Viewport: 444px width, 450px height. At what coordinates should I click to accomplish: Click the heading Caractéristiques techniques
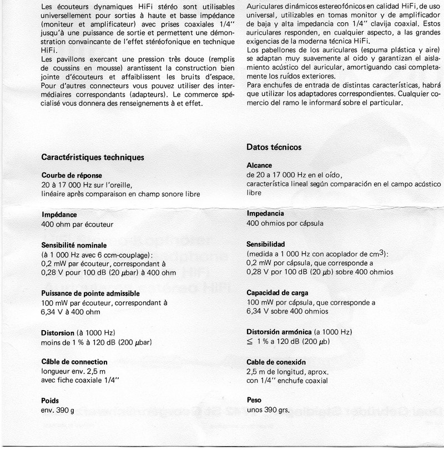(93, 157)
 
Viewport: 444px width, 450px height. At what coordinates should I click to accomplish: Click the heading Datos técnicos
(274, 147)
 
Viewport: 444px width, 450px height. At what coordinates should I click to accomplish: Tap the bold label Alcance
(259, 165)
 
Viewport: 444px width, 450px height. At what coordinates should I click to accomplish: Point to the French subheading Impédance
(59, 214)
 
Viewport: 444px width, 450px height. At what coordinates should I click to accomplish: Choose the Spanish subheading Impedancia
(265, 213)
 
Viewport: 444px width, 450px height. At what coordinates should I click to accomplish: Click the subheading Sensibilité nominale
(74, 245)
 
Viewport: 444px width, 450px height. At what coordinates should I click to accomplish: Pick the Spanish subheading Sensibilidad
(265, 244)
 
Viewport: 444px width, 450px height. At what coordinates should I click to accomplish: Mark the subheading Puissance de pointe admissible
(90, 293)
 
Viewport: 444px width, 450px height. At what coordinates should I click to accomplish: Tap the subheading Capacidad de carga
(277, 292)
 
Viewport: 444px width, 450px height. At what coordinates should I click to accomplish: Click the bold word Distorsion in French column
(58, 332)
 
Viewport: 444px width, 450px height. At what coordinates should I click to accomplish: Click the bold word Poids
(51, 400)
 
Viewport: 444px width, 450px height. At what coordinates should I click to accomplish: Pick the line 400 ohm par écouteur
(78, 224)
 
